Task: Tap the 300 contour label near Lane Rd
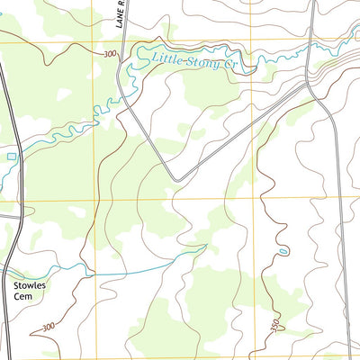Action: coord(110,54)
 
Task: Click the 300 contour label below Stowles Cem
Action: coord(47,326)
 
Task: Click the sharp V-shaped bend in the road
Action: coord(173,177)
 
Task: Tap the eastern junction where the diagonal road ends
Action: coord(309,83)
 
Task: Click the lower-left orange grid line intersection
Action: coord(94,200)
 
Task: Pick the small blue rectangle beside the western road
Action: coord(11,157)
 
